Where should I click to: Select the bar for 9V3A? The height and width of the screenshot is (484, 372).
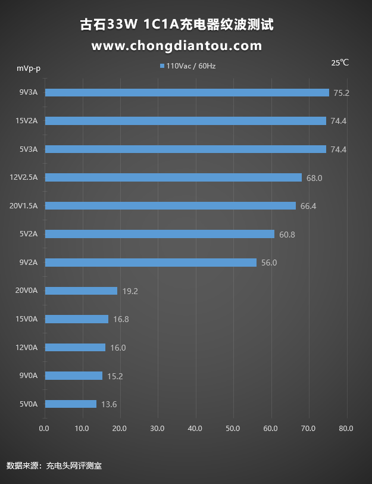pos(187,92)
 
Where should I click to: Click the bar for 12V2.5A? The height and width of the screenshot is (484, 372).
pos(173,177)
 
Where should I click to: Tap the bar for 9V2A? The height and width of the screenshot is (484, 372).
pos(151,263)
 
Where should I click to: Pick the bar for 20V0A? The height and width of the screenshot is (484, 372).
pos(81,291)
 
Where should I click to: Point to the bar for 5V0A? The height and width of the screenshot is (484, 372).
pos(70,404)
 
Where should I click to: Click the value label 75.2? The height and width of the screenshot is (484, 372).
pos(341,93)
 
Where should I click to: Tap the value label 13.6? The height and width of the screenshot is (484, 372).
pos(109,405)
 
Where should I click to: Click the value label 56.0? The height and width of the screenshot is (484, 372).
pos(269,263)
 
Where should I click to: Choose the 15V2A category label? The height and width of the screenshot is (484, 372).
pos(27,121)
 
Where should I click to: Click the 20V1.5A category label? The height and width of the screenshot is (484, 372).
pos(24,206)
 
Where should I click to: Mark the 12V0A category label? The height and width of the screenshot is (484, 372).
pos(27,348)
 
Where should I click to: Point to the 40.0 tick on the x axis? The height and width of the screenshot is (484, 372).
pos(195,428)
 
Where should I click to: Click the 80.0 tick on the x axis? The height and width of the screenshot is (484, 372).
pos(346,428)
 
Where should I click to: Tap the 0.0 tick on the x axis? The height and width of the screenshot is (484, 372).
pos(44,428)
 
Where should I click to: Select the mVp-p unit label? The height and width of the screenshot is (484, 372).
pos(29,68)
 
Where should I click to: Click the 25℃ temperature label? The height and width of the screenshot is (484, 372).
pos(340,63)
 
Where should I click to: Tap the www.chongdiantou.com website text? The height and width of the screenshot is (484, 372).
pos(177,46)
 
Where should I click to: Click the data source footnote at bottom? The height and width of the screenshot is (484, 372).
pos(54,466)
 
